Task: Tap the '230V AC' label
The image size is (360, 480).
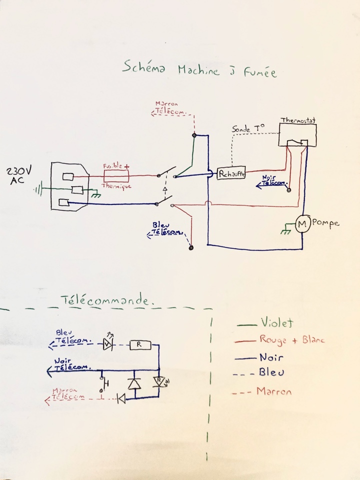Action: click(x=19, y=176)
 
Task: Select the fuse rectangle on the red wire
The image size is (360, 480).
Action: click(x=116, y=175)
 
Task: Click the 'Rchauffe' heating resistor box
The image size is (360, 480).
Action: click(x=230, y=173)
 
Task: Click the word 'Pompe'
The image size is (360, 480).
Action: click(x=325, y=223)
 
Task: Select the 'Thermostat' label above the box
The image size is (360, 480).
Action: click(x=298, y=120)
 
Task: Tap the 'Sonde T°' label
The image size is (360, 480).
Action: click(x=248, y=128)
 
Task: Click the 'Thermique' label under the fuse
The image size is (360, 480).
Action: click(x=116, y=185)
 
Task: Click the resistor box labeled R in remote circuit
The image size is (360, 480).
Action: click(x=139, y=344)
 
